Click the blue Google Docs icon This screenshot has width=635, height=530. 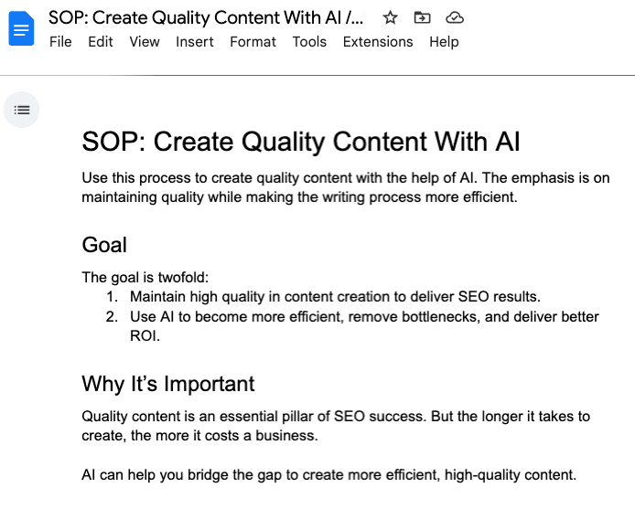(x=21, y=28)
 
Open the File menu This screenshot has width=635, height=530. (x=60, y=42)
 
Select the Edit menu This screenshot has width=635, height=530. (x=101, y=42)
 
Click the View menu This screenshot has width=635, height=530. (x=145, y=42)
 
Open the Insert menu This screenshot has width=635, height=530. (x=194, y=42)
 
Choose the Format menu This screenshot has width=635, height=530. (x=253, y=42)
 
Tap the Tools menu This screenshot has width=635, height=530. (x=309, y=42)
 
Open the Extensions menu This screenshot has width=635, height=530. (x=378, y=42)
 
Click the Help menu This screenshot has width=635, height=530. (x=444, y=42)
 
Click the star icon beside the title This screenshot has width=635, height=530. (x=391, y=17)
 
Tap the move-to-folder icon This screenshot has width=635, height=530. (x=422, y=17)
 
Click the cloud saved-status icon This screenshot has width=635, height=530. (x=455, y=17)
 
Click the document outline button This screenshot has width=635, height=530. (x=21, y=110)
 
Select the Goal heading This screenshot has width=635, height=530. (x=104, y=245)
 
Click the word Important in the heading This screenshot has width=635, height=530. (x=209, y=384)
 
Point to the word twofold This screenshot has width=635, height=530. (x=183, y=278)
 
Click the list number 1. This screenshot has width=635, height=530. (x=112, y=297)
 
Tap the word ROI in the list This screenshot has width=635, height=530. (x=145, y=335)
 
